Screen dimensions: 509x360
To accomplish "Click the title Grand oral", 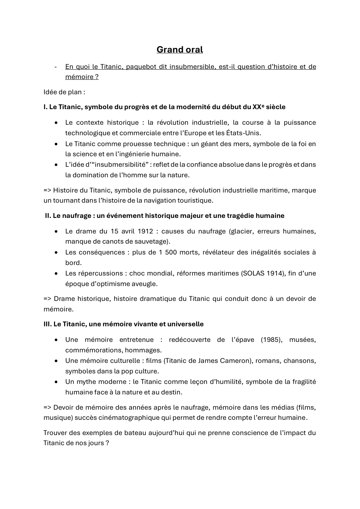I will click(179, 50).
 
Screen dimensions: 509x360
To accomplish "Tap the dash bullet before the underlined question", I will click(55, 67).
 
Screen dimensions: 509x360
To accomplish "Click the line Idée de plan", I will click(64, 92).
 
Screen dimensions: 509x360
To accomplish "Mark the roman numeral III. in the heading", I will click(47, 324).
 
